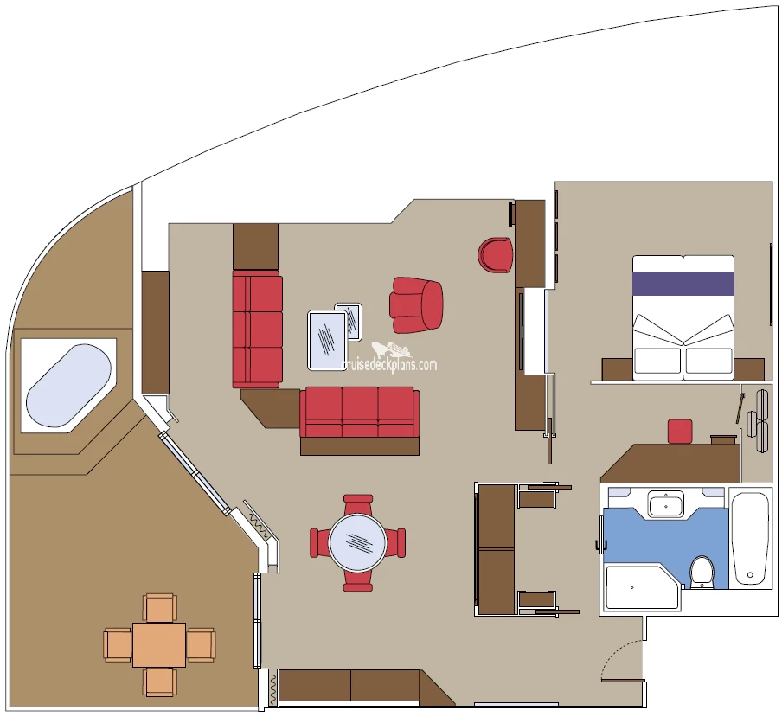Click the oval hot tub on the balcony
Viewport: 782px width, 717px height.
point(69,386)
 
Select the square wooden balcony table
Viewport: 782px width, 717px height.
point(159,644)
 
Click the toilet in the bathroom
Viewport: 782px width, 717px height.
point(702,572)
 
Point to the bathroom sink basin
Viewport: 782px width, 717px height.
point(666,503)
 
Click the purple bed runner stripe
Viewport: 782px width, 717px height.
point(683,283)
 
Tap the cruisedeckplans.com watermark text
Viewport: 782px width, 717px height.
point(389,365)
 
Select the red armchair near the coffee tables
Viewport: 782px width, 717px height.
point(416,304)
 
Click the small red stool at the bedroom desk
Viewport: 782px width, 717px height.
point(680,431)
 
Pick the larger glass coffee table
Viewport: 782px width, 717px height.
point(327,340)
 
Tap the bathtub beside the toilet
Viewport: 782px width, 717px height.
point(750,539)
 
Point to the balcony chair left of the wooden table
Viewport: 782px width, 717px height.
point(119,644)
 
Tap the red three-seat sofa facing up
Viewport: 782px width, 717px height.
point(360,413)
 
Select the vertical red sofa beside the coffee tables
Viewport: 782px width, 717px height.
point(257,329)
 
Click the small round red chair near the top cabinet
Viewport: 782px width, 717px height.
point(495,255)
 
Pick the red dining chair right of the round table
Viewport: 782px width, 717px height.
point(395,542)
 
